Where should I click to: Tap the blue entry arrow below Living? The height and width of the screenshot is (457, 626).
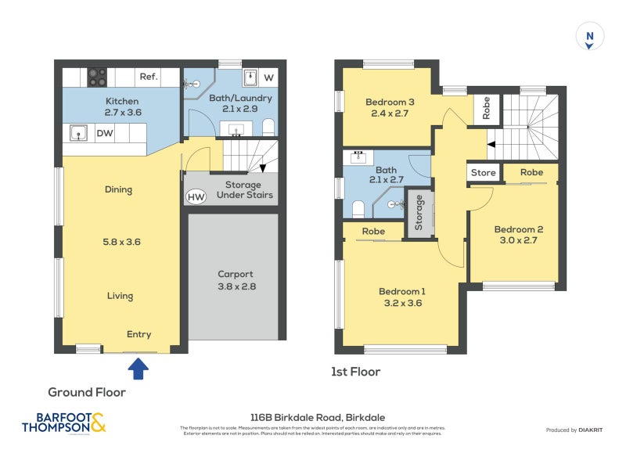[139, 366]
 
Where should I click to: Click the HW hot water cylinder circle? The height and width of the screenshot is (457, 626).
[196, 196]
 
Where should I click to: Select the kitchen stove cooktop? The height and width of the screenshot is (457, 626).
[97, 77]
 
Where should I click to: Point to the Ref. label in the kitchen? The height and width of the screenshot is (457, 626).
[149, 77]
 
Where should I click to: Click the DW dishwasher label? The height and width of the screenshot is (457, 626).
[105, 134]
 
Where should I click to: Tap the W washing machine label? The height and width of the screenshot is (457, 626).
[268, 77]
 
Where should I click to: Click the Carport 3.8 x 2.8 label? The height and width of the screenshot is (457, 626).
[235, 280]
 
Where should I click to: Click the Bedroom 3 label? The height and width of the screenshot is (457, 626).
[390, 102]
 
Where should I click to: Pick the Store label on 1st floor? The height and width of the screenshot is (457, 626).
[483, 173]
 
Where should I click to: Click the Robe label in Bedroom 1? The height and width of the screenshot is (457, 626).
[373, 232]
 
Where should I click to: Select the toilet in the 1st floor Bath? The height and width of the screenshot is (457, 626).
[358, 208]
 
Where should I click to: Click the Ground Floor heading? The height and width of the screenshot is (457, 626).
[87, 392]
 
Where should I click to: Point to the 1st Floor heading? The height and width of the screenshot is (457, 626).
[357, 372]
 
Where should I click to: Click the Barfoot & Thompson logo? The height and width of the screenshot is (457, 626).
[63, 423]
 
